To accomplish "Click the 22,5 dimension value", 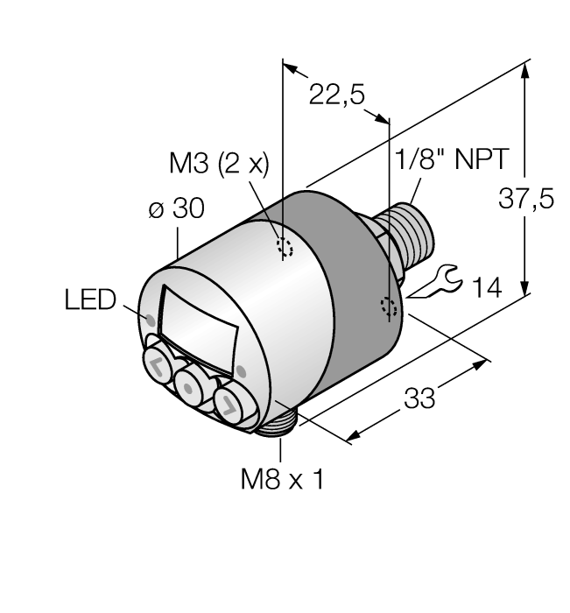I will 337,95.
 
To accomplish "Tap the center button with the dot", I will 190,384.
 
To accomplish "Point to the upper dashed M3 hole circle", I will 285,247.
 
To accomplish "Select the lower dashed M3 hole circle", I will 389,307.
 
